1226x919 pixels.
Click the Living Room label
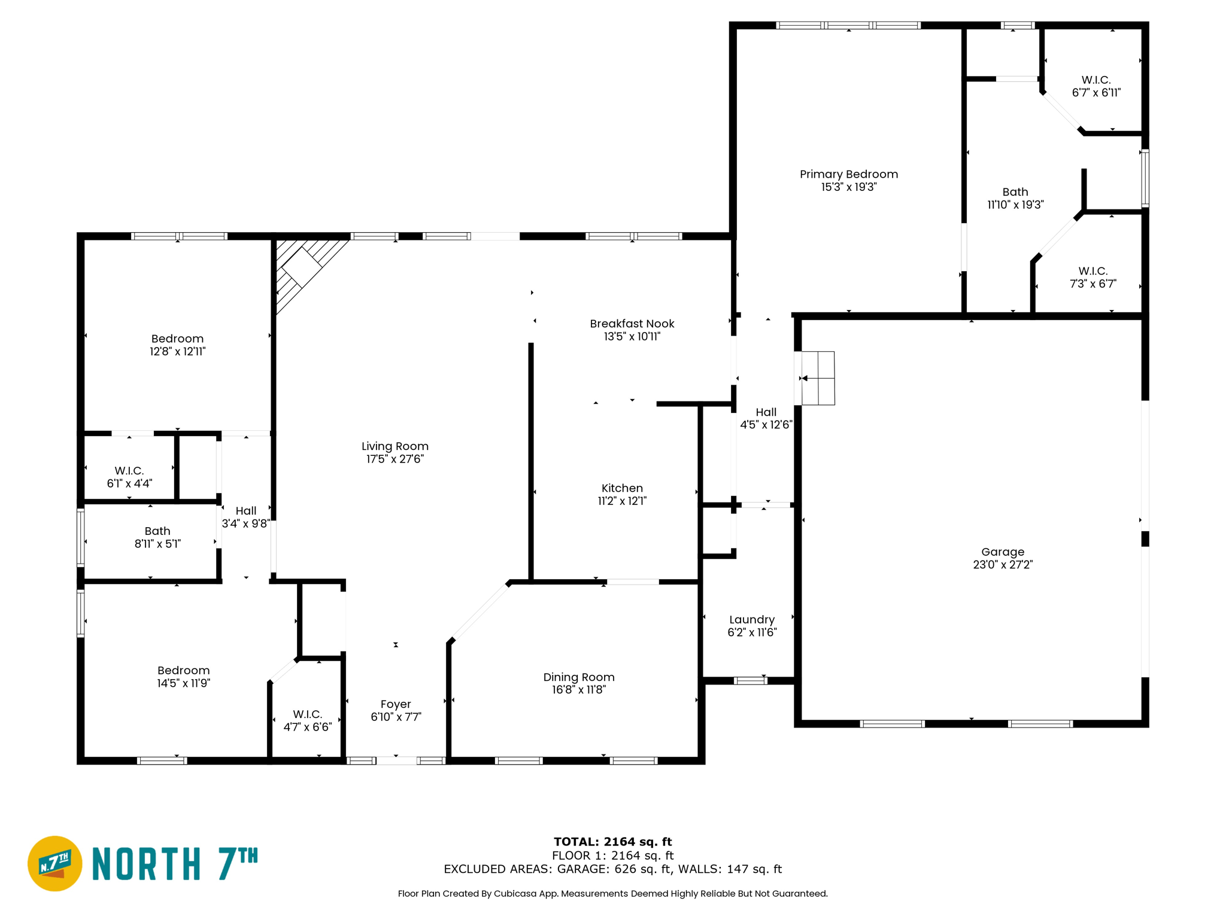394,446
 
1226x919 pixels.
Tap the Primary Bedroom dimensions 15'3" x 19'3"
848,187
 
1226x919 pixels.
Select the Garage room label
1002,552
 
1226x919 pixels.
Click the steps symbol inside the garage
817,378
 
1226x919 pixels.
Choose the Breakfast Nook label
632,324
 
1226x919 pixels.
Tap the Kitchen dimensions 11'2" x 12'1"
622,501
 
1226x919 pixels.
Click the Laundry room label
751,620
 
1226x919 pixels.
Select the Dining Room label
578,677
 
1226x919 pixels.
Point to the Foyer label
396,704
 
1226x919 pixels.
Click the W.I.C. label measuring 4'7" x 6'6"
307,714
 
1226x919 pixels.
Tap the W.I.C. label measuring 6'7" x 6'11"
1095,80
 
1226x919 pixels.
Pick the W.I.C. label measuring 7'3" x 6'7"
1093,271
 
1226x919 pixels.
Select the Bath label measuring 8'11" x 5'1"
157,531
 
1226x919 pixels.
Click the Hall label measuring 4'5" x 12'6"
766,412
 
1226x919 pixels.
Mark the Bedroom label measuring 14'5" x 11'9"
183,671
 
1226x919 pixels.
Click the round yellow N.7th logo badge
55,863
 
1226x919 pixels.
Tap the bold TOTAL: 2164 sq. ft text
612,842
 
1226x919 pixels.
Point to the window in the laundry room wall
751,680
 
